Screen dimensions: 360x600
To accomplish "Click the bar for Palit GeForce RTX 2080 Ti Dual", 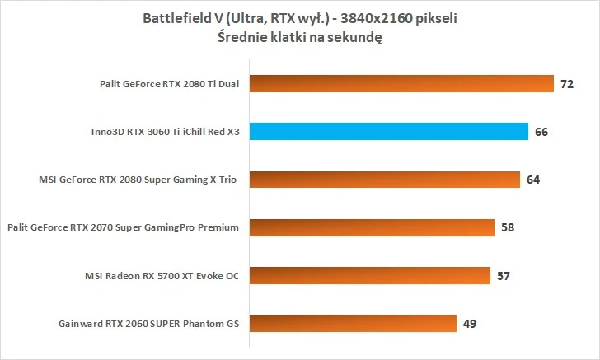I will coord(401,84).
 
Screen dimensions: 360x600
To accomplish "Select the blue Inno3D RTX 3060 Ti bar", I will coord(388,132).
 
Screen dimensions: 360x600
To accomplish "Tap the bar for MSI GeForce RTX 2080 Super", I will coord(384,180).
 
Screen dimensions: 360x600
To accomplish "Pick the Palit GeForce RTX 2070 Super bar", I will coord(371,227).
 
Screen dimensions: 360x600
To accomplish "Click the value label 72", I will coord(566,84).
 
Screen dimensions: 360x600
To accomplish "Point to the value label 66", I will coord(541,132).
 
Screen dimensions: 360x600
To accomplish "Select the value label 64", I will coord(533,180).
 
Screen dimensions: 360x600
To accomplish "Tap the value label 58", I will coord(508,227).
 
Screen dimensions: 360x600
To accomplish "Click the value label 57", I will coord(504,275).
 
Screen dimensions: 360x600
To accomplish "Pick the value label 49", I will coord(470,323).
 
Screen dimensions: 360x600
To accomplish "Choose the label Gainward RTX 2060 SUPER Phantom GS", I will coord(148,323).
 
